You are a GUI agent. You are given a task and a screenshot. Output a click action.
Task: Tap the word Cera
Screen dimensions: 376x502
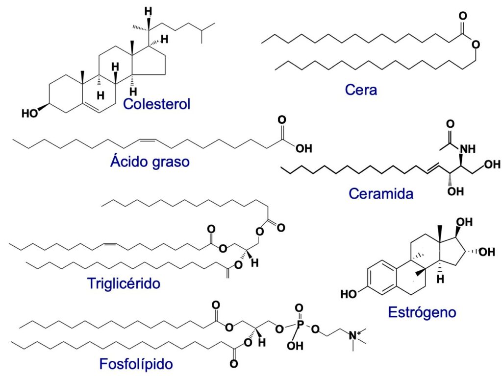(361, 90)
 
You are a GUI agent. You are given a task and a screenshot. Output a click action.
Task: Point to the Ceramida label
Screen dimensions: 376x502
(381, 193)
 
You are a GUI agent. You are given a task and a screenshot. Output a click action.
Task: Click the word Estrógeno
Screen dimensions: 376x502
(422, 312)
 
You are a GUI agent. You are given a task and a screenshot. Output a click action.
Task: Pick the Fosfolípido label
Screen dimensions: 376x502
(136, 364)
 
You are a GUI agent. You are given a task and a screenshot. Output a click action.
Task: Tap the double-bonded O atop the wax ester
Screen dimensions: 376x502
(462, 16)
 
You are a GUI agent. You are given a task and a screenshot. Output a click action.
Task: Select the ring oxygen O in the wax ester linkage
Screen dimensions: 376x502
(474, 45)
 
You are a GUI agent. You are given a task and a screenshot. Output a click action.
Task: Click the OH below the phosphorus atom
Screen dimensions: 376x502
(293, 346)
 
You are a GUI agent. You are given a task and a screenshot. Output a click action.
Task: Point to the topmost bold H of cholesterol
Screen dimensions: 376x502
(147, 11)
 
